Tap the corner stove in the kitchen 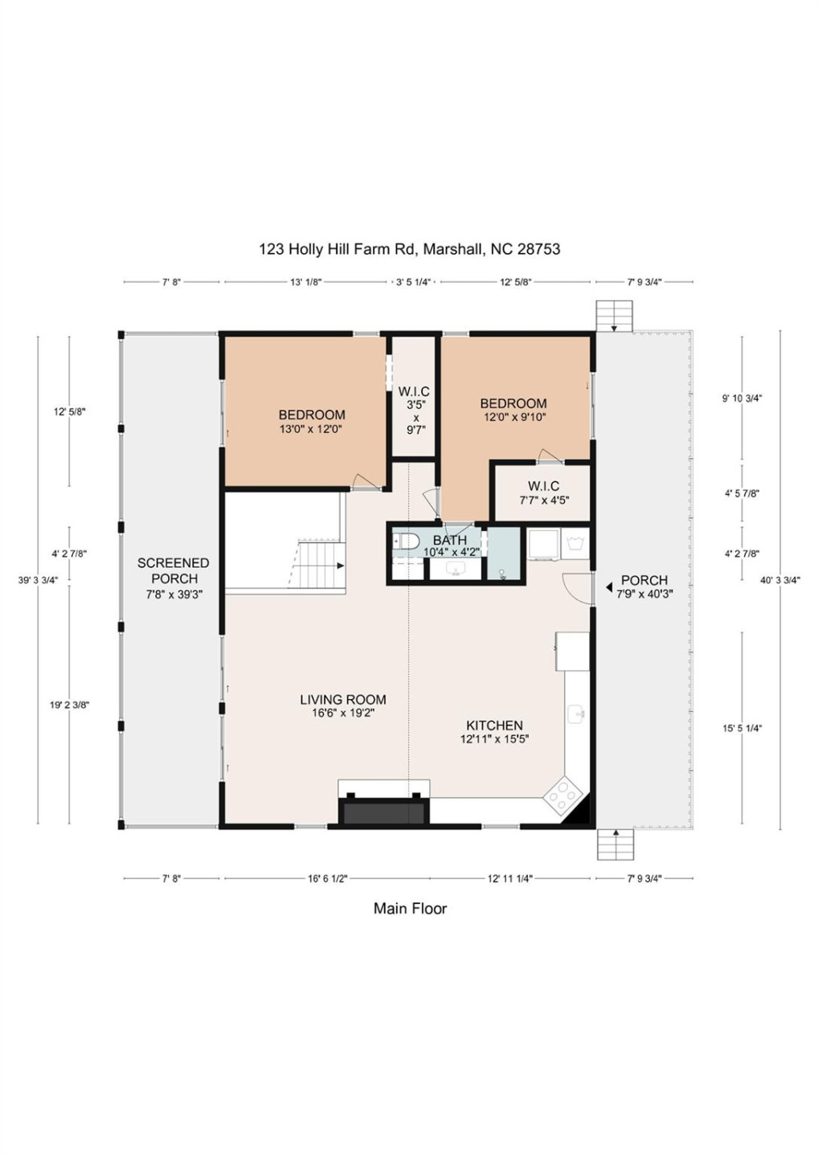[x=562, y=795]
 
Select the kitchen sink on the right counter [x=576, y=713]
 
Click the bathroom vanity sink [x=456, y=570]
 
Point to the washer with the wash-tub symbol [x=576, y=543]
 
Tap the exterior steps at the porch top [x=614, y=315]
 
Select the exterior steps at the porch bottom [x=616, y=844]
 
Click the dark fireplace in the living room [x=383, y=811]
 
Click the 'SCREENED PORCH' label [x=174, y=570]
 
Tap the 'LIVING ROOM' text [x=343, y=700]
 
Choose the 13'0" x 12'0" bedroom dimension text [x=311, y=429]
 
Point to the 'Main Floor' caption [x=410, y=909]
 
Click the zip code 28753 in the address [x=538, y=249]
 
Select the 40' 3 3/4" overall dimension [x=779, y=580]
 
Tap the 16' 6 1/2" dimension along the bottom [x=327, y=879]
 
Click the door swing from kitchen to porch [x=576, y=587]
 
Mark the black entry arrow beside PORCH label [x=609, y=587]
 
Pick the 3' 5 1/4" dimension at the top [x=413, y=282]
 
